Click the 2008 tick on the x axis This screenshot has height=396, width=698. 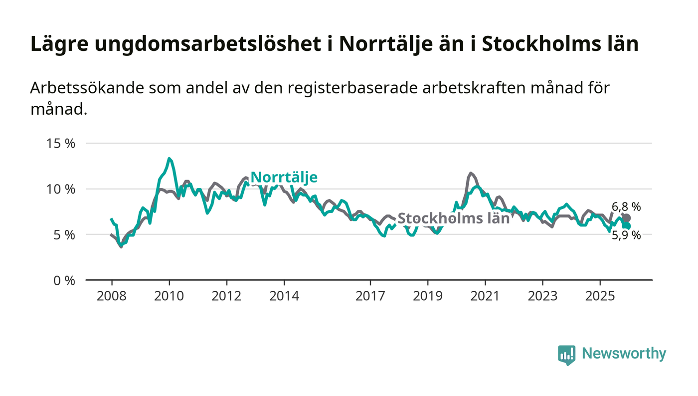[x=112, y=296]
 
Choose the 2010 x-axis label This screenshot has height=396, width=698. [x=169, y=296]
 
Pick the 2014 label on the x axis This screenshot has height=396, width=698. [x=284, y=296]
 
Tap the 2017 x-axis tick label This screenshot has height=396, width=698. [x=370, y=296]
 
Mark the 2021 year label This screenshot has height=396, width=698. [x=485, y=296]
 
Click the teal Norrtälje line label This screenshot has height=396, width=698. [x=284, y=177]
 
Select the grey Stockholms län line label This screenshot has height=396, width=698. [x=453, y=218]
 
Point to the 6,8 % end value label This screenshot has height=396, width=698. [x=626, y=206]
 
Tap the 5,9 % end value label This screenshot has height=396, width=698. [x=626, y=235]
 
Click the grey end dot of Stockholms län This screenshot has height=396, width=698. [x=627, y=218]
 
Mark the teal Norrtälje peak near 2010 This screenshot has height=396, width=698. [x=170, y=159]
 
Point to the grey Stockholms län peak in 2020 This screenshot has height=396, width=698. [x=471, y=173]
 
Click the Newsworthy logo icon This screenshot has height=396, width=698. [x=566, y=355]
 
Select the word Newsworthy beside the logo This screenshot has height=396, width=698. [x=624, y=354]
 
